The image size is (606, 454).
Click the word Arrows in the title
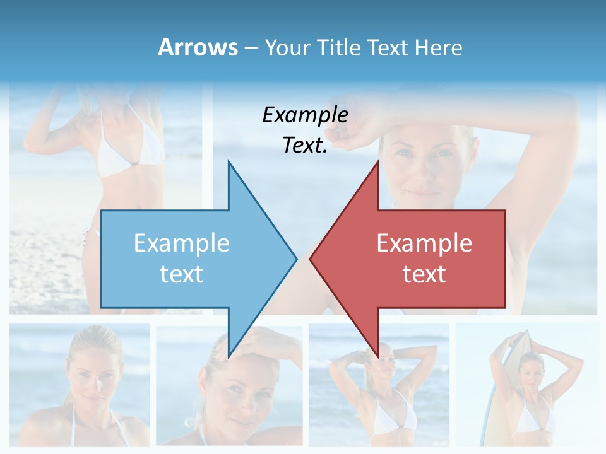point(198,47)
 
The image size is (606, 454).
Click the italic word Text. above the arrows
point(305,146)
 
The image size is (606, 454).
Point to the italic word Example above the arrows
point(305,115)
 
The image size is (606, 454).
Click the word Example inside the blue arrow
point(181,243)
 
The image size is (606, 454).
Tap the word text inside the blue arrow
point(181,274)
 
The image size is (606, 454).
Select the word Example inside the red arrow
point(424,243)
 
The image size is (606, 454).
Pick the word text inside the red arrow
point(424,274)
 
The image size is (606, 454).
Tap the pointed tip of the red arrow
point(311,259)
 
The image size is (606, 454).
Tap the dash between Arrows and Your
point(250,48)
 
